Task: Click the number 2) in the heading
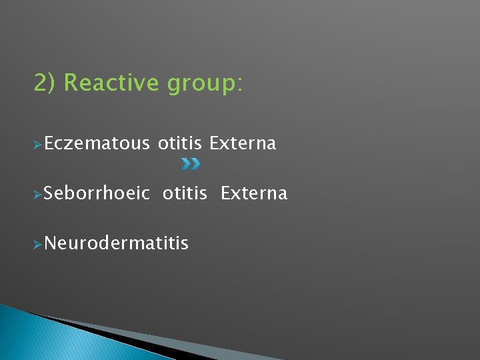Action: click(46, 83)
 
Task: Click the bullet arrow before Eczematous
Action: click(38, 144)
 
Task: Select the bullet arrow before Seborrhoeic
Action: click(38, 194)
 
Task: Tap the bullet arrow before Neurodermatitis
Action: click(38, 244)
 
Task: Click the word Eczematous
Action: click(97, 143)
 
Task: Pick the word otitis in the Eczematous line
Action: click(180, 143)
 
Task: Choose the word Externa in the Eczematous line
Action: click(243, 143)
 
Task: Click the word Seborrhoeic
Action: click(97, 193)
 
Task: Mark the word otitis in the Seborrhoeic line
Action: click(185, 193)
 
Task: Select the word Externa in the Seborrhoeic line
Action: click(254, 193)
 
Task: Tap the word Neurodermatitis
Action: click(117, 243)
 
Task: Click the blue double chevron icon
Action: click(191, 163)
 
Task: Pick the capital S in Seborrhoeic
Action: click(50, 193)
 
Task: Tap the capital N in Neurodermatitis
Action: click(51, 243)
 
